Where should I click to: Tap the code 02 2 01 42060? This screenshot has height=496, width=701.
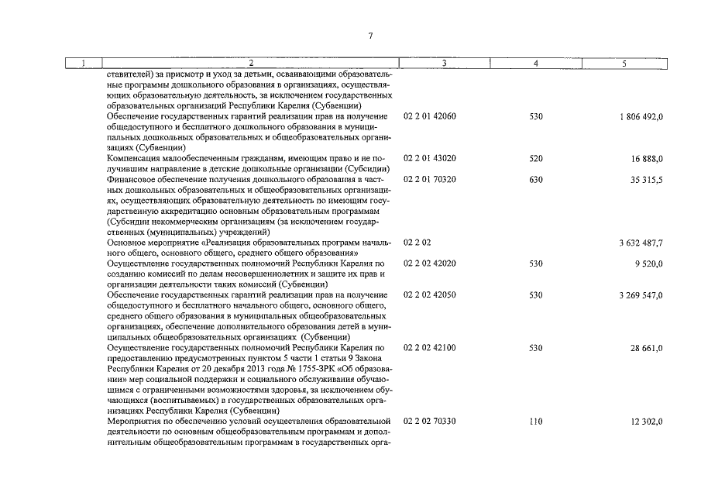(430, 116)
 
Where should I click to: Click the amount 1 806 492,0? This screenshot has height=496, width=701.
(641, 116)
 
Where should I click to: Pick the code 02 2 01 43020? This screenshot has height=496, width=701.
(430, 158)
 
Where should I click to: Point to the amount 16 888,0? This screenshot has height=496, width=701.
(648, 158)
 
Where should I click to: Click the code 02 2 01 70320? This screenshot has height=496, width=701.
(430, 180)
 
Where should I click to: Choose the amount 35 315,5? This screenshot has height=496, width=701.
(648, 180)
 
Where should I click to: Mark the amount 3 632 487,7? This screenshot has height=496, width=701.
(641, 243)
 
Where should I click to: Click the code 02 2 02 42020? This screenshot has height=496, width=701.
(430, 263)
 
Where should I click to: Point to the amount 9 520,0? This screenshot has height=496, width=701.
(650, 263)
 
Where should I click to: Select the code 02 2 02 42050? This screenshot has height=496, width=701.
(430, 295)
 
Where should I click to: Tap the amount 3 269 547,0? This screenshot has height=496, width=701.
(641, 295)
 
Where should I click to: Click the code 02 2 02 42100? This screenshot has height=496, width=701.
(430, 348)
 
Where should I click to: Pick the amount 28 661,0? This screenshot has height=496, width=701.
(648, 348)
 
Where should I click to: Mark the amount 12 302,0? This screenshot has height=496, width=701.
(648, 422)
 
